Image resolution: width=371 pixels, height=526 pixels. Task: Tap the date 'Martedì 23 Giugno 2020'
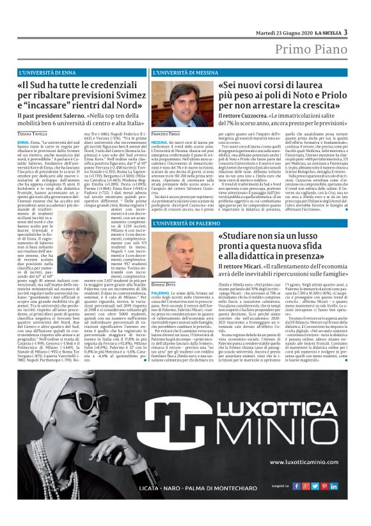tap(281, 33)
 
